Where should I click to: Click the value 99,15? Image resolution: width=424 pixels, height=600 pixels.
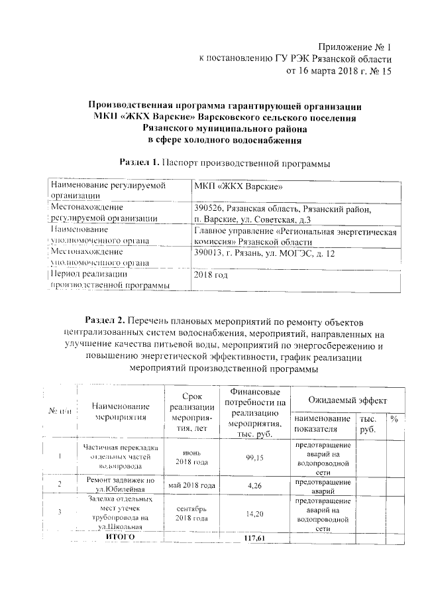(254, 457)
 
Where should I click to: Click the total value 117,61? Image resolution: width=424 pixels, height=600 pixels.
(254, 537)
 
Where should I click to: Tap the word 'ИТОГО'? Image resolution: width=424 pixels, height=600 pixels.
(121, 536)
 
